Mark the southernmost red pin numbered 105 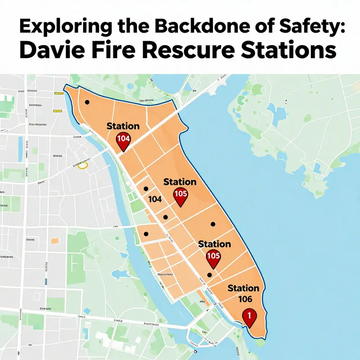tap(213, 257)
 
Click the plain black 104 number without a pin tap(154, 198)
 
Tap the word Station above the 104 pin tap(123, 126)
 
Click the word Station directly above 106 tap(243, 288)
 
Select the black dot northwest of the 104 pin tap(87, 103)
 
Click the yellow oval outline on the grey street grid tap(82, 166)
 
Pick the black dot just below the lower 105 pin tap(209, 275)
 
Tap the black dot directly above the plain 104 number tap(145, 189)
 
